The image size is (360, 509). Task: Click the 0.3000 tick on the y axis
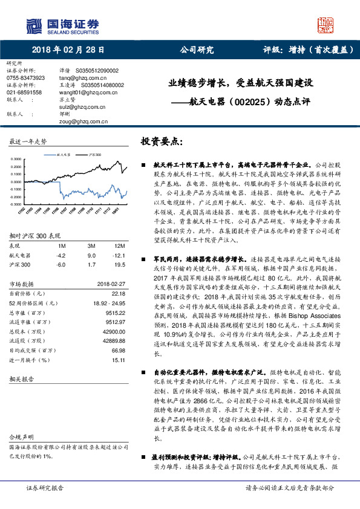click(16, 159)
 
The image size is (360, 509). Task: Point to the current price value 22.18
click(119, 293)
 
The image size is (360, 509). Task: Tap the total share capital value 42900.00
click(113, 332)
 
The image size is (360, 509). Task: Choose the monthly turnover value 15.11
click(119, 361)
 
